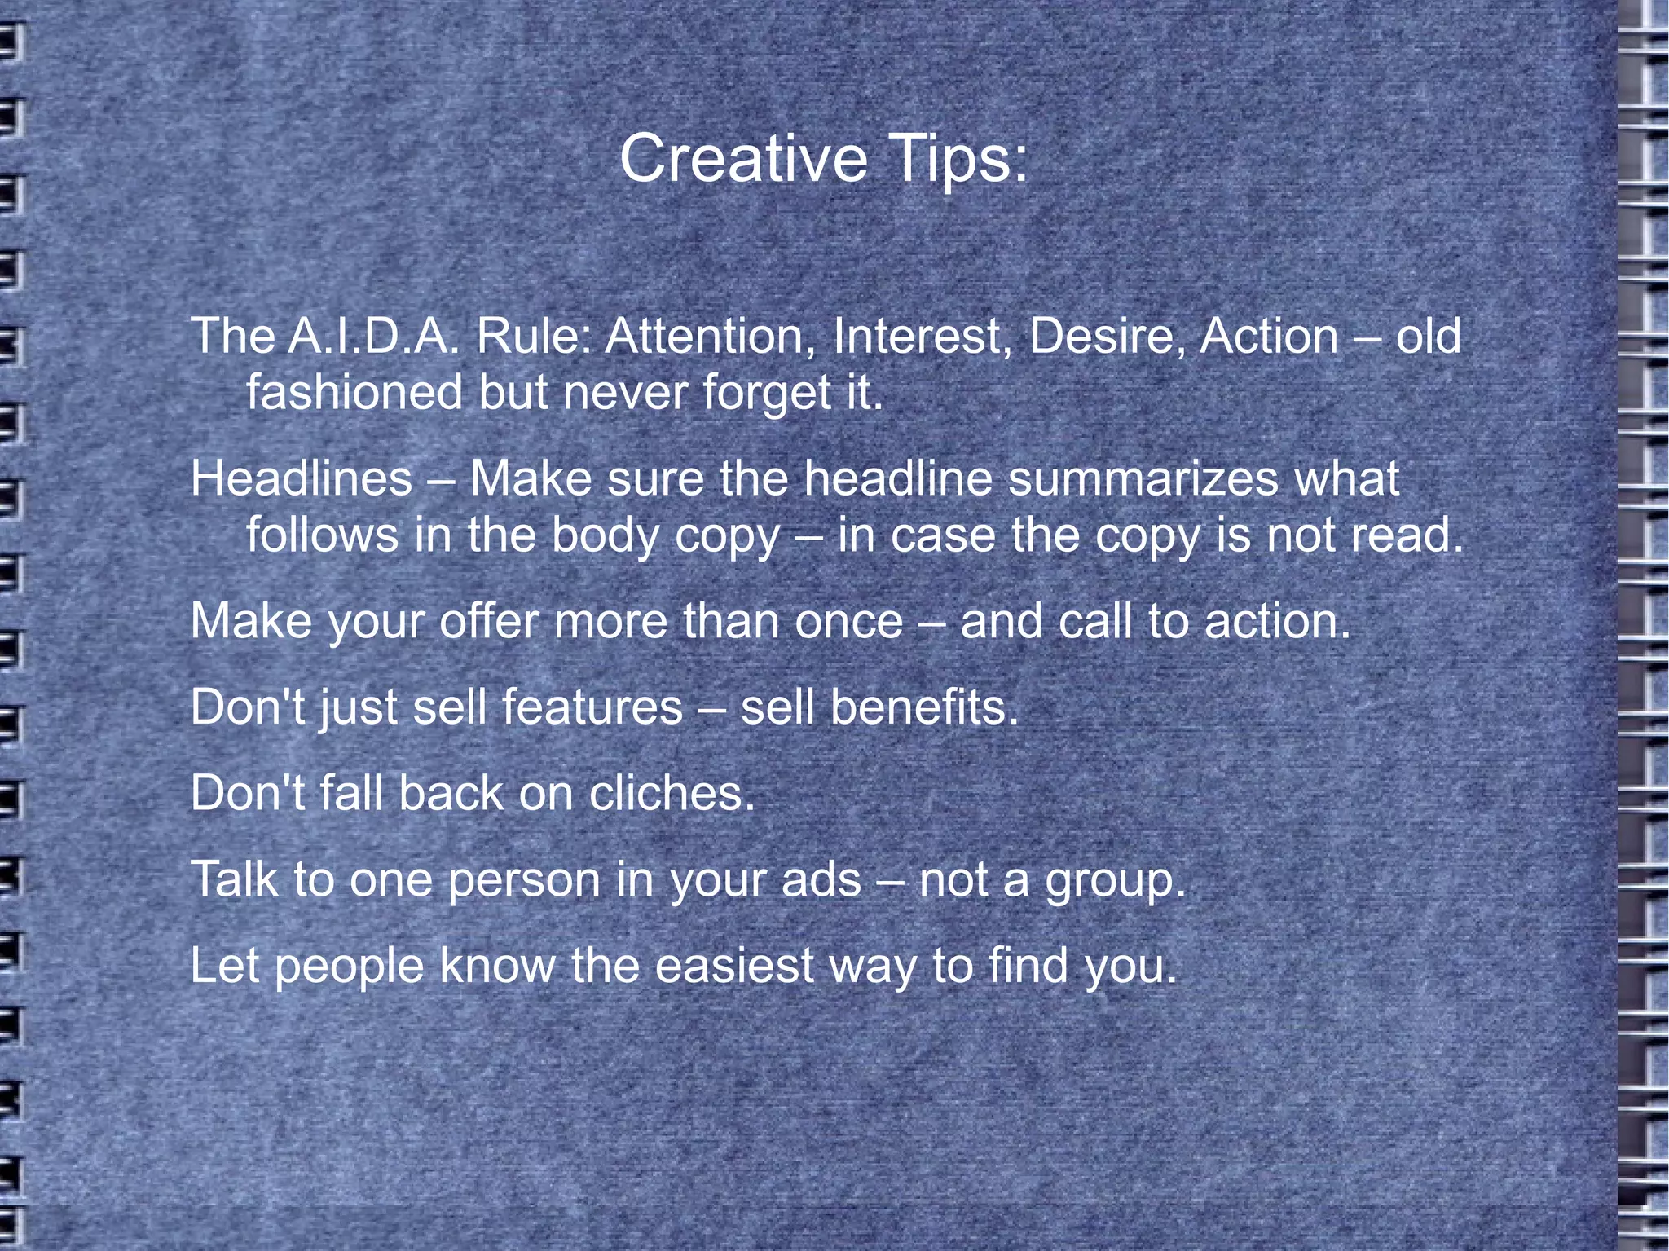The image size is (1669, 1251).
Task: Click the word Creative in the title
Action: coord(743,158)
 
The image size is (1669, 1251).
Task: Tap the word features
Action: coord(592,707)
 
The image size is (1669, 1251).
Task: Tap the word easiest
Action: coord(734,967)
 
